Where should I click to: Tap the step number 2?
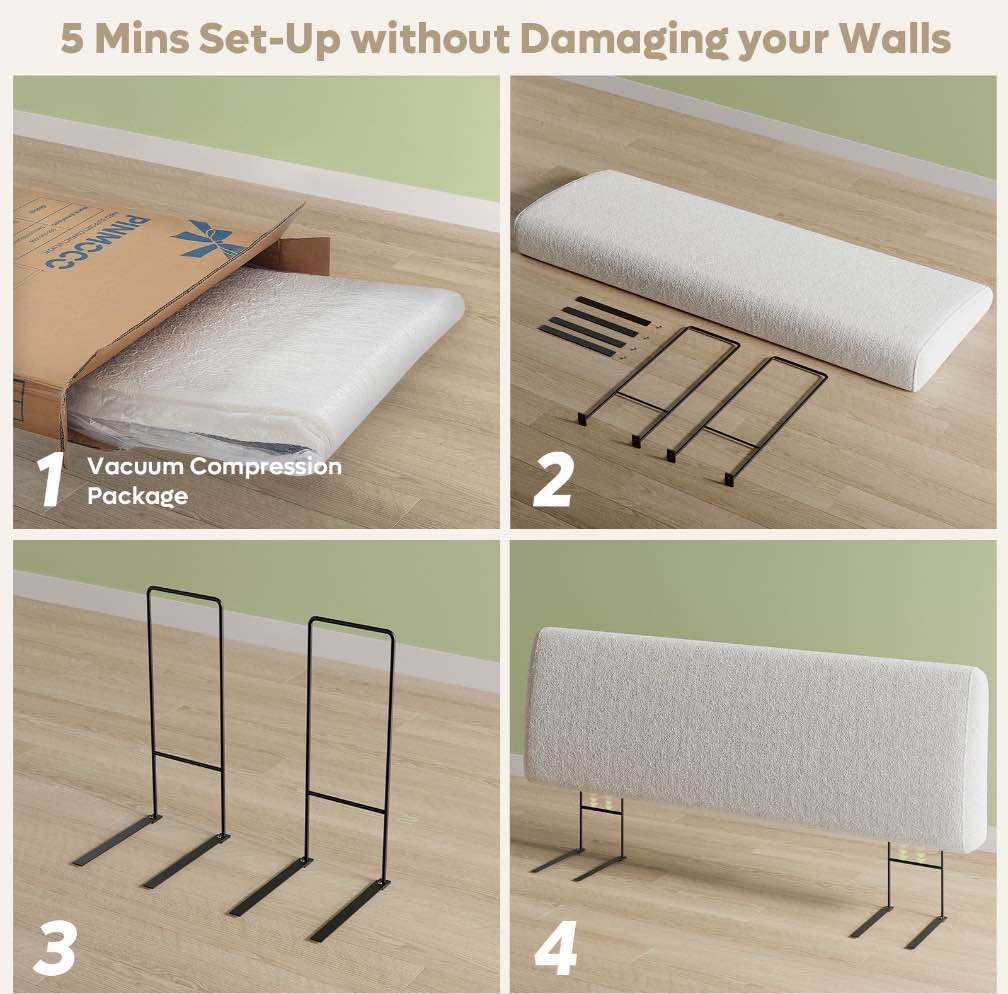(552, 480)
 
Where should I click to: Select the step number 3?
(54, 945)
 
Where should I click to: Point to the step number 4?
(555, 945)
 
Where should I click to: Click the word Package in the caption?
(137, 495)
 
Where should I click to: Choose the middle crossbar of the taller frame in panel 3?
(186, 761)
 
